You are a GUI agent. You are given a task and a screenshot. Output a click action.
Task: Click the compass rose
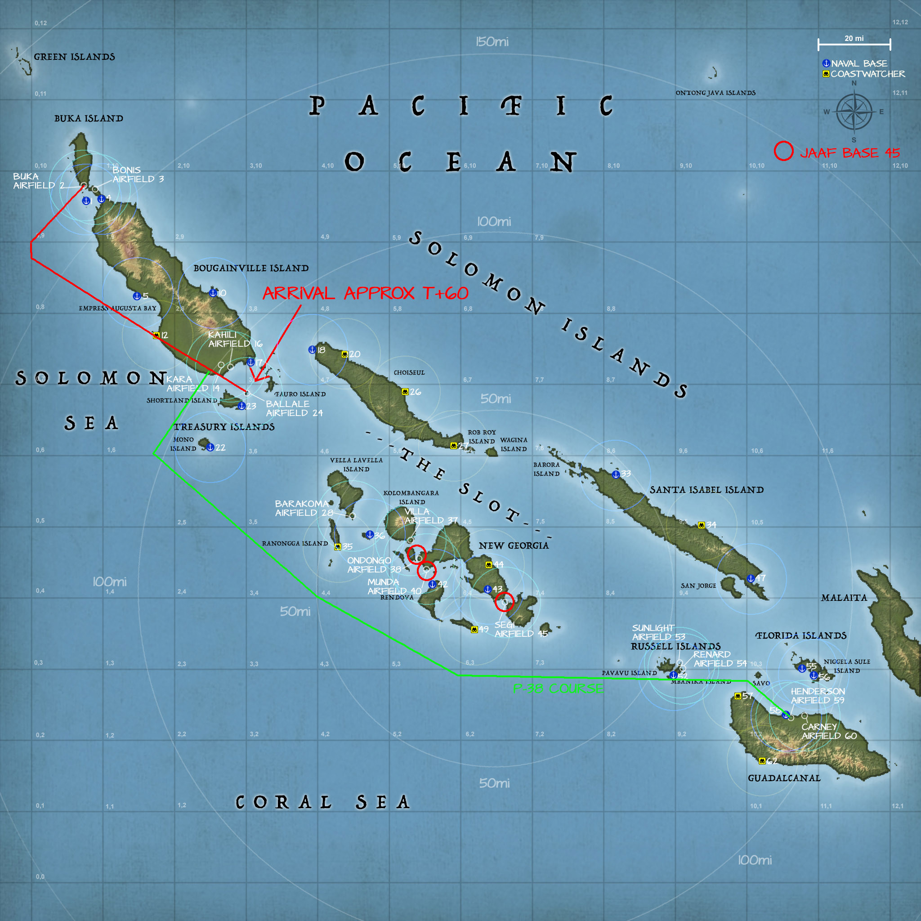(x=854, y=112)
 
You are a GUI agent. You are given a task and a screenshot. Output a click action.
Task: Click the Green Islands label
(x=74, y=57)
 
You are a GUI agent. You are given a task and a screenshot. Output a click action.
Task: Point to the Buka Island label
(x=89, y=119)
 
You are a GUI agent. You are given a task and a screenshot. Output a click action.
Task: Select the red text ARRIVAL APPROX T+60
(x=365, y=293)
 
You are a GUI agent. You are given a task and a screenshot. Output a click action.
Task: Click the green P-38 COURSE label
(x=558, y=689)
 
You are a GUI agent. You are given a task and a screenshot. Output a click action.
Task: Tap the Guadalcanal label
(x=784, y=778)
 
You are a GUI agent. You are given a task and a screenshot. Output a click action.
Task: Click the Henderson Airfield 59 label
(x=817, y=696)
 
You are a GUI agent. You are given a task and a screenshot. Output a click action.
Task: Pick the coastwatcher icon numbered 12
(x=156, y=335)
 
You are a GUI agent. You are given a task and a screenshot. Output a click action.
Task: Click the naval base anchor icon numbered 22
(x=210, y=447)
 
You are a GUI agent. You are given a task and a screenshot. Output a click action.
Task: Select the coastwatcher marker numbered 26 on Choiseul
(x=405, y=392)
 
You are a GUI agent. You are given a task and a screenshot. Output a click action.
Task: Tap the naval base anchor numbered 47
(x=751, y=578)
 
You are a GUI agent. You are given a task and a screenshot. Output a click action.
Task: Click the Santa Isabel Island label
(x=706, y=490)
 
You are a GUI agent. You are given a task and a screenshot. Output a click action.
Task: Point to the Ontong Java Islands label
(x=715, y=93)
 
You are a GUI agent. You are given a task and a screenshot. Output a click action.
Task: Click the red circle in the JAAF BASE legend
(x=783, y=151)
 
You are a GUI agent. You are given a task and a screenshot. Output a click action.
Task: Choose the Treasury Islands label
(x=224, y=427)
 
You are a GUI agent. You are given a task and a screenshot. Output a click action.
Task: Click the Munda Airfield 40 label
(x=394, y=586)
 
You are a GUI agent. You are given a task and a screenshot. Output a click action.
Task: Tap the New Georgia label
(x=514, y=546)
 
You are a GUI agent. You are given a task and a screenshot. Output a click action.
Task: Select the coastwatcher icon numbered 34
(x=701, y=525)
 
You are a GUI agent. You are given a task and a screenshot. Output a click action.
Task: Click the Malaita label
(x=844, y=598)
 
